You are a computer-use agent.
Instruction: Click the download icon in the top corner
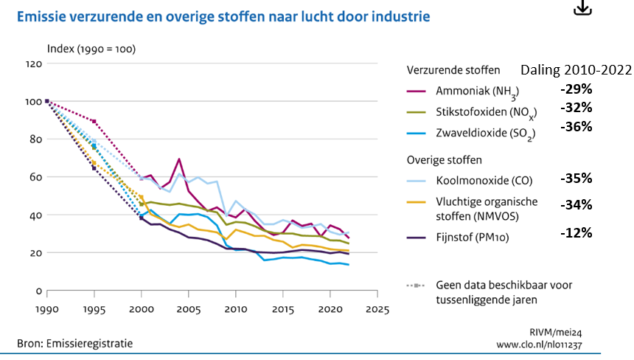pyautogui.click(x=583, y=7)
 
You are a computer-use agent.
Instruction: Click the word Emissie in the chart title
pyautogui.click(x=38, y=15)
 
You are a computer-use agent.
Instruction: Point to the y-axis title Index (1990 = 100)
pyautogui.click(x=91, y=49)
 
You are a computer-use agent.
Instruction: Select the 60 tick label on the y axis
pyautogui.click(x=32, y=177)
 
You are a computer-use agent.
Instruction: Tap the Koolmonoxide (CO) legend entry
pyautogui.click(x=483, y=179)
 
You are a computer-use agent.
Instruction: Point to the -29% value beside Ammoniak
pyautogui.click(x=576, y=89)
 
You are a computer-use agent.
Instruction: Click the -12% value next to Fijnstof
pyautogui.click(x=576, y=233)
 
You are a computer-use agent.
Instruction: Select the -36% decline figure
pyautogui.click(x=576, y=126)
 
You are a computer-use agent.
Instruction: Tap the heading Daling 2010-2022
pyautogui.click(x=576, y=70)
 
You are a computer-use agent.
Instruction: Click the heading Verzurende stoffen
pyautogui.click(x=453, y=70)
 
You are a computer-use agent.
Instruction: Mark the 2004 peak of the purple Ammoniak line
pyautogui.click(x=179, y=159)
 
